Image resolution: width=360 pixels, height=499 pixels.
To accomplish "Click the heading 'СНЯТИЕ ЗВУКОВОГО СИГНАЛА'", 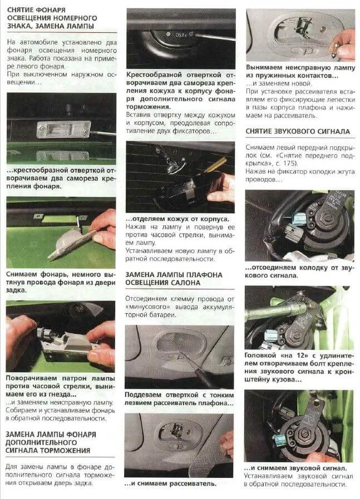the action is pos(298,131).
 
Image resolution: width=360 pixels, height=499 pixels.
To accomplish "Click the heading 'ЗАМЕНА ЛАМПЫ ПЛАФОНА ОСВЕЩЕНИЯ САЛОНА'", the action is pos(174,279).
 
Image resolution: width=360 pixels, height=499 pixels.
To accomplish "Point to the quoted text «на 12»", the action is pos(293,355).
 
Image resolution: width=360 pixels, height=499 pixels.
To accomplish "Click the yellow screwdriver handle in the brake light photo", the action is pos(215,165).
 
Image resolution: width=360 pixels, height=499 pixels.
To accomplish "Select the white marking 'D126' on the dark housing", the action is pos(181,34).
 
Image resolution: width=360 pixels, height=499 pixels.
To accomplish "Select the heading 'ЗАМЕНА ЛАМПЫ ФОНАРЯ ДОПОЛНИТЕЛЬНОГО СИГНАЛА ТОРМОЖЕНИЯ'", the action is pos(51,442).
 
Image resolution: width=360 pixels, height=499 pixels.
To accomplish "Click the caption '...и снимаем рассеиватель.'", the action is pos(170,484).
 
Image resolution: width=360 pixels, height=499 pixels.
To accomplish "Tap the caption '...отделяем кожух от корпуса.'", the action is pos(177,219).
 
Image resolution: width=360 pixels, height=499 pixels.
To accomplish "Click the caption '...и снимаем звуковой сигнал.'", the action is pos(295,468).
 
